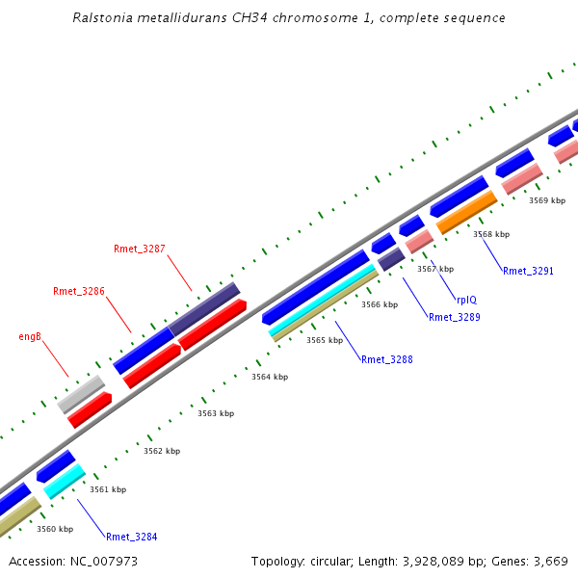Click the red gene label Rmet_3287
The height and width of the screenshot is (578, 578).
pyautogui.click(x=140, y=249)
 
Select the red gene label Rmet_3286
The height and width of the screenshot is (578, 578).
pyautogui.click(x=79, y=291)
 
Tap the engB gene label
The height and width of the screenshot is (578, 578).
pyautogui.click(x=30, y=337)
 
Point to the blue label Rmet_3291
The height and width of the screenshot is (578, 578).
pyautogui.click(x=528, y=272)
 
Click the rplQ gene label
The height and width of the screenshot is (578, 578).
pyautogui.click(x=466, y=300)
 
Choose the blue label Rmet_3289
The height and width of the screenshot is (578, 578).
pyautogui.click(x=454, y=317)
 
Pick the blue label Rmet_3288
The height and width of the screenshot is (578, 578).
pyautogui.click(x=387, y=359)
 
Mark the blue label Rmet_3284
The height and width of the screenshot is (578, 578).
pyautogui.click(x=132, y=537)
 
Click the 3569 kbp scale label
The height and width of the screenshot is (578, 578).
pyautogui.click(x=547, y=201)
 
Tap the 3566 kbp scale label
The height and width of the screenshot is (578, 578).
pyautogui.click(x=380, y=304)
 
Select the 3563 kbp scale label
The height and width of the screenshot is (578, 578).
pyautogui.click(x=216, y=413)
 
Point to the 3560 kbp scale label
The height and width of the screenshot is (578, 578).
pyautogui.click(x=55, y=529)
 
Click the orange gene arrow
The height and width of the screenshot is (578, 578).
pyautogui.click(x=466, y=212)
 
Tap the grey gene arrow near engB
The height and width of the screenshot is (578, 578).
pyautogui.click(x=81, y=393)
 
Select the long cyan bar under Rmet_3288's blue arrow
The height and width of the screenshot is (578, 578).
pyautogui.click(x=323, y=301)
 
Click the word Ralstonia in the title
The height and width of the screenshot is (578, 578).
pyautogui.click(x=101, y=18)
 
